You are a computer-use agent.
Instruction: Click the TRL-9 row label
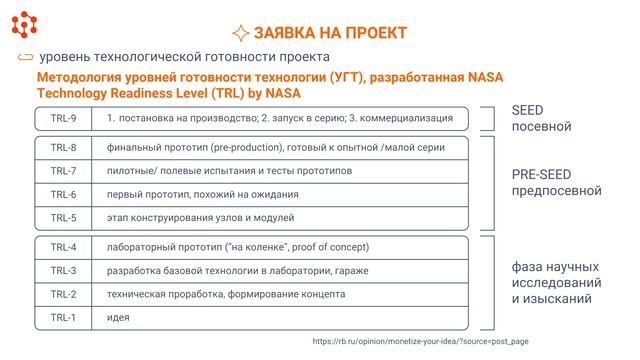[63, 119]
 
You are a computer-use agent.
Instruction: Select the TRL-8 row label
[63, 148]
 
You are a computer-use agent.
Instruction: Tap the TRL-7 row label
[63, 171]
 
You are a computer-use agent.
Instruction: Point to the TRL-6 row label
[63, 194]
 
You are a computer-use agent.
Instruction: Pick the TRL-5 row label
[63, 217]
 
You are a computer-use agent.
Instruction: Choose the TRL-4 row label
[63, 246]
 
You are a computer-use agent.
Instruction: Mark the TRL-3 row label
[63, 270]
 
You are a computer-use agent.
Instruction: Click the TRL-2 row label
[63, 294]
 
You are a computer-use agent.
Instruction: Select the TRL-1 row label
[63, 317]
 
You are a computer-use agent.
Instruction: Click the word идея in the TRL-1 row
[119, 317]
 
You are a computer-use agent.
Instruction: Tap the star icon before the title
[240, 32]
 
